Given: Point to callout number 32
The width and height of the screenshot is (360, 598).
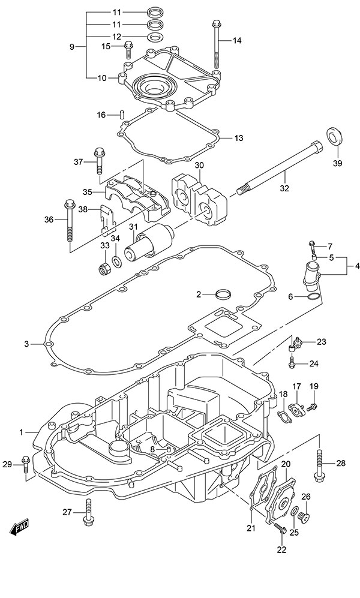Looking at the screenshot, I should tap(284, 188).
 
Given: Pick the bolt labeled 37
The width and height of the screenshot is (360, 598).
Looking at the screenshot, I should tap(98, 158).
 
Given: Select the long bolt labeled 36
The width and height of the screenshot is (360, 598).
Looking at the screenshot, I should tap(68, 226).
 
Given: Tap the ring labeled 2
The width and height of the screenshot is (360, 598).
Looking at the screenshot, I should tap(223, 295).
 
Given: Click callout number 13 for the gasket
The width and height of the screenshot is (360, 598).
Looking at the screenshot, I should tap(239, 138).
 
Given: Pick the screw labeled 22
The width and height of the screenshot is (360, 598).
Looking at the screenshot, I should tap(280, 529).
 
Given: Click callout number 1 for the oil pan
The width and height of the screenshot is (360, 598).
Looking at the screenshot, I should tap(22, 431).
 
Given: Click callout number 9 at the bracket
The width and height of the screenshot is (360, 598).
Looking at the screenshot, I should tap(73, 46).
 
